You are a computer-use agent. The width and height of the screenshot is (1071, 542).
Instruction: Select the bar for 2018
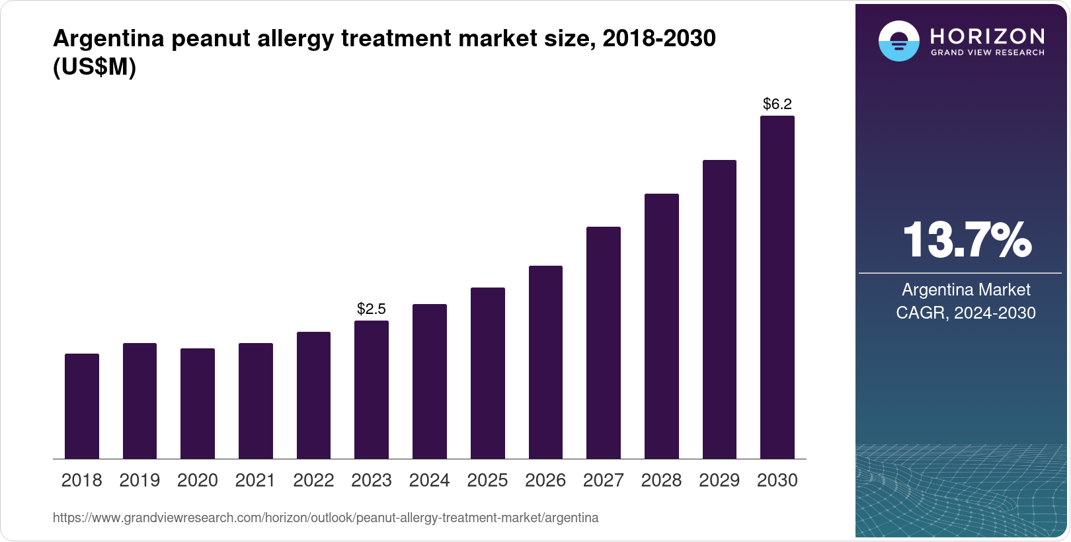coord(82,406)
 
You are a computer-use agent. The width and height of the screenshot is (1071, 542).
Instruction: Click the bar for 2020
coord(198,403)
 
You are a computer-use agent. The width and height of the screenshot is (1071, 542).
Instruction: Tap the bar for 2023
coord(372,389)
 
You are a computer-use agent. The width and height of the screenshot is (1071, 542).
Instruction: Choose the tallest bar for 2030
coord(777,287)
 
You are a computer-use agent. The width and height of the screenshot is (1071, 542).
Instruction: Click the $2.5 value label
coord(372,309)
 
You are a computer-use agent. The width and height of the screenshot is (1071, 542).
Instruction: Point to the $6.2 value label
coord(777,104)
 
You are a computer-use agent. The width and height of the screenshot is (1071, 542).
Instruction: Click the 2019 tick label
coord(139,481)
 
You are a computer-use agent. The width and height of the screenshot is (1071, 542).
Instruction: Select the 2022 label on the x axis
coord(313,481)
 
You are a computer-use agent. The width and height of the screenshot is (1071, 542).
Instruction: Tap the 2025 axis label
coord(487,481)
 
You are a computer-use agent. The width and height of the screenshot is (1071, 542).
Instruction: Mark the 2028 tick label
coord(661,481)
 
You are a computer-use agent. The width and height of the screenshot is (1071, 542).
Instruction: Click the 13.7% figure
coord(966,240)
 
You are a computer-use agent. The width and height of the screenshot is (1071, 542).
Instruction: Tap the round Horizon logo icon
coord(898,41)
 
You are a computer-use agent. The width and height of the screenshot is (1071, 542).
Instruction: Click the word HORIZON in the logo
coord(987,36)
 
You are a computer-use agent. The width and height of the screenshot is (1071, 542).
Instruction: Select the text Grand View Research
coord(987,53)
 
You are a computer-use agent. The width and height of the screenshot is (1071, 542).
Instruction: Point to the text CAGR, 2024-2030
coord(965,313)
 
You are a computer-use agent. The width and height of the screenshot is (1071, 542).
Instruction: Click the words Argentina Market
coord(966,290)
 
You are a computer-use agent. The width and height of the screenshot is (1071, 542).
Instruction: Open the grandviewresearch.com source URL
coord(325,518)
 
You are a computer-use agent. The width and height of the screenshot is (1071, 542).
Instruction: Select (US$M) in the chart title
coord(95,67)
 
